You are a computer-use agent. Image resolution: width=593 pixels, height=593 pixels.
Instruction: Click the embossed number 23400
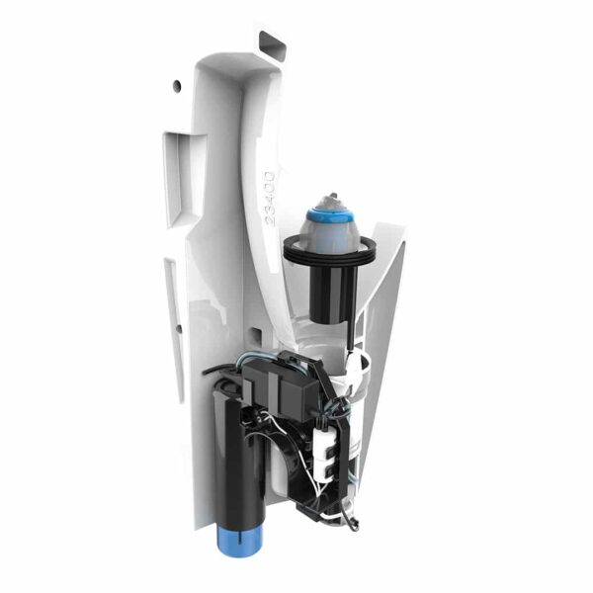tap(266, 199)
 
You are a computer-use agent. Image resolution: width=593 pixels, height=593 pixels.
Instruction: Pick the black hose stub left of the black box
tap(219, 372)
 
